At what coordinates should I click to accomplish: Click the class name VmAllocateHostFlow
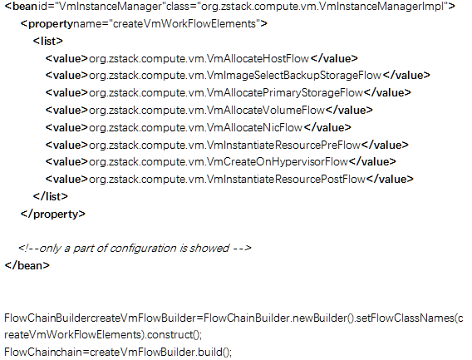[258, 58]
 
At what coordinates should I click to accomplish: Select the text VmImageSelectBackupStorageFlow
[294, 76]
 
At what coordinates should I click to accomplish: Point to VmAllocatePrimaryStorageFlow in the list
[285, 93]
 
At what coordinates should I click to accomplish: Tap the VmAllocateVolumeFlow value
[266, 111]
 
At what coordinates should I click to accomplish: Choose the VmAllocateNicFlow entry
[254, 128]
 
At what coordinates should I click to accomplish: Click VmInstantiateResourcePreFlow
[283, 145]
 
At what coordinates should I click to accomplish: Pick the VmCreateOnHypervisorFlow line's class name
[278, 162]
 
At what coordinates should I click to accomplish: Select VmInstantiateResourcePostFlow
[286, 180]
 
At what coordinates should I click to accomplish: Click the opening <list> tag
[48, 41]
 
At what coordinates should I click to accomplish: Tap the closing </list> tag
[50, 196]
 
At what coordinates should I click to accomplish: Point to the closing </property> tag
[53, 215]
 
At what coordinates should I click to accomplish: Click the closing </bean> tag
[27, 265]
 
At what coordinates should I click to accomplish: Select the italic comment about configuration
[135, 249]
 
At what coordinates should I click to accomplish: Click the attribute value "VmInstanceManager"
[109, 7]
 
